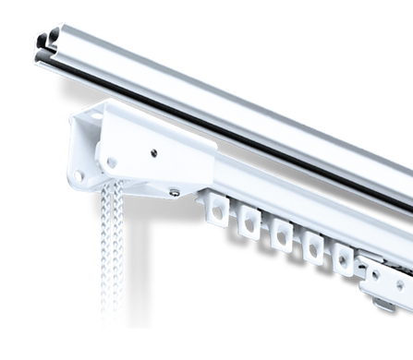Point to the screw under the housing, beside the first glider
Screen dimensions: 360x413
click(175, 192)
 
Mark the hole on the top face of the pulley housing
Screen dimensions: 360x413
click(96, 116)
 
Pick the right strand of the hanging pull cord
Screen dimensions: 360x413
click(115, 249)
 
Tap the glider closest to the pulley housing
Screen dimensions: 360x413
click(218, 213)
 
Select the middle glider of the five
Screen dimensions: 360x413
click(281, 234)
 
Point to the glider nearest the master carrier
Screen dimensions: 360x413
click(343, 259)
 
